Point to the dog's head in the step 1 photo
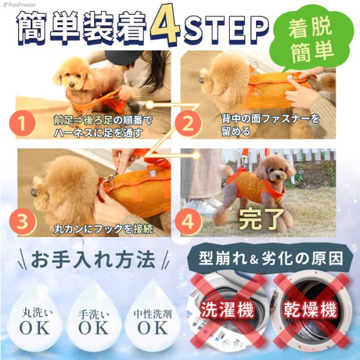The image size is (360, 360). coord(70,73)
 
